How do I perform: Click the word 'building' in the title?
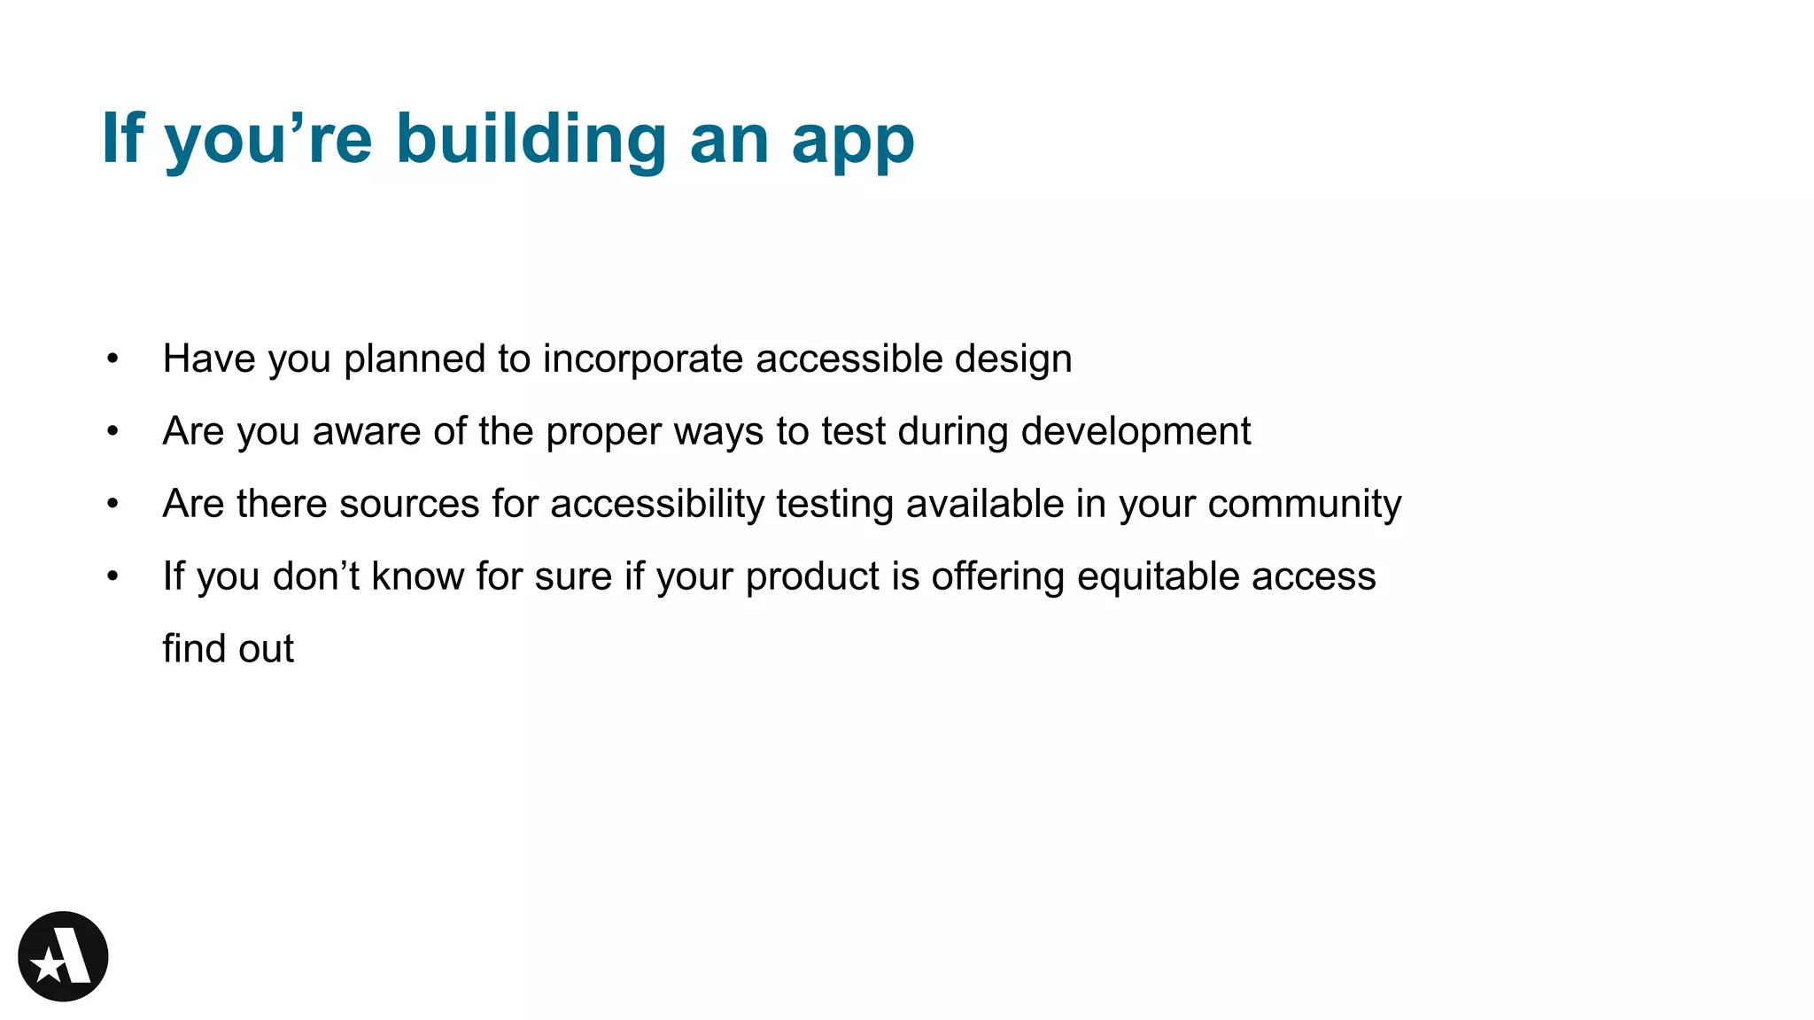(531, 139)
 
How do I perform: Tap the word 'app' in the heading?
(853, 142)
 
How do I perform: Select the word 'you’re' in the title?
(268, 139)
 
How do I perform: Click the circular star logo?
(63, 956)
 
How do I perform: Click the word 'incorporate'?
(643, 359)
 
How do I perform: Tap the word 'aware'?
(367, 432)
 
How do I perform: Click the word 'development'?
(1136, 432)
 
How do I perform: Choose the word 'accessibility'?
(657, 505)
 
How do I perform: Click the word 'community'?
(1304, 505)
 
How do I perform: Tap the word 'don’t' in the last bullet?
(316, 576)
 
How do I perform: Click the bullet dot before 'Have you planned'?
(112, 359)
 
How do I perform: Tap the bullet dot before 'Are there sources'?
(112, 504)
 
